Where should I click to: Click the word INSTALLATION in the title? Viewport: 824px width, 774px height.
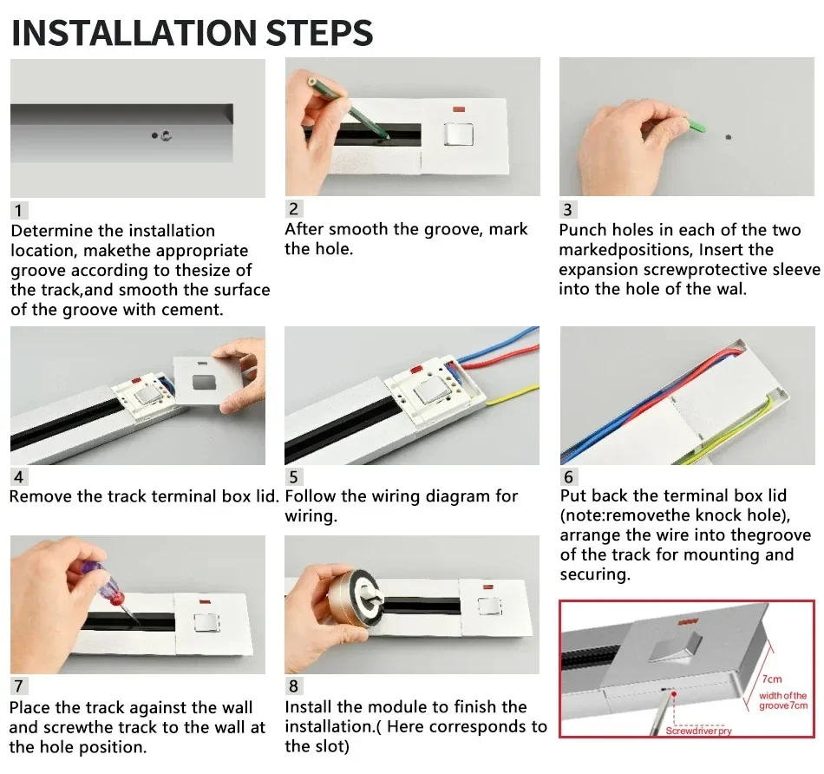point(134,33)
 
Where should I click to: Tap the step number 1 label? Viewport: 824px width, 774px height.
point(18,210)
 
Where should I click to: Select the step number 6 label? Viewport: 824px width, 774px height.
point(568,477)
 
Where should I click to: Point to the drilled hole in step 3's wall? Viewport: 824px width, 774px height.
point(728,137)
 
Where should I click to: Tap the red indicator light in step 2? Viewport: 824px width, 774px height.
point(458,110)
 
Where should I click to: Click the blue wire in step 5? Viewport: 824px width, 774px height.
point(500,346)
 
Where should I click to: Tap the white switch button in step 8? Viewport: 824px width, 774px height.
point(488,607)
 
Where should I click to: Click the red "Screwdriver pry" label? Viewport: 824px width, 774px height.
point(698,731)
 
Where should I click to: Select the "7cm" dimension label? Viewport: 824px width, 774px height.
point(771,679)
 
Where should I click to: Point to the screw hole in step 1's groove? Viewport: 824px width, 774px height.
point(166,135)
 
